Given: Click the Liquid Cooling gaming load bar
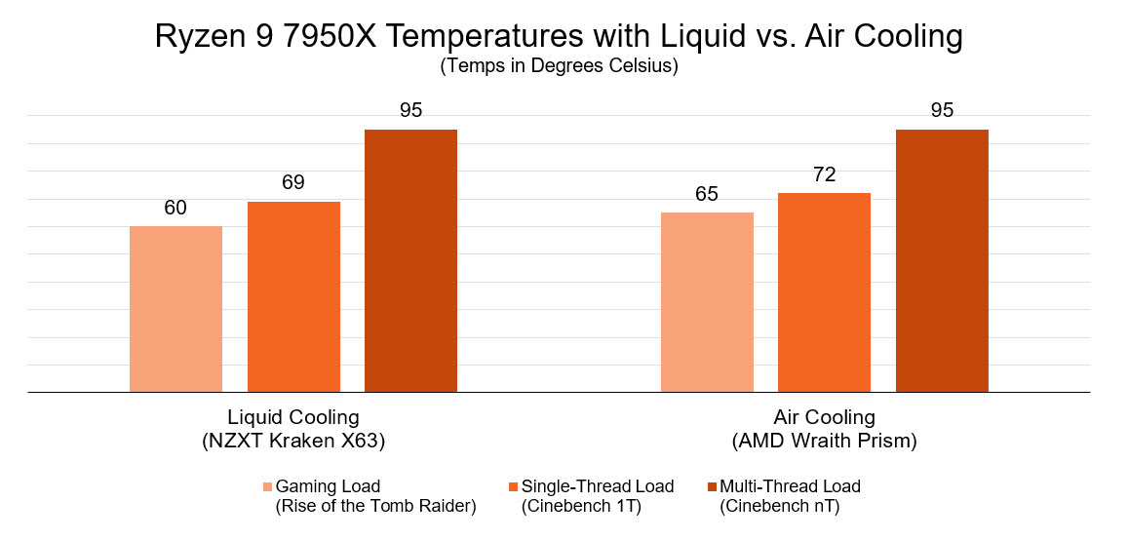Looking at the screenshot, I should pos(175,309).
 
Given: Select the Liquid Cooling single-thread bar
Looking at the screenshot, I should pos(293,296).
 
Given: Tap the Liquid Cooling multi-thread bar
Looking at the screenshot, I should pos(410,260).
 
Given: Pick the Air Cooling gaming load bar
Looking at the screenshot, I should pos(707,302).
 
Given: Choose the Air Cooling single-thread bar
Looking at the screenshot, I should pos(824,292).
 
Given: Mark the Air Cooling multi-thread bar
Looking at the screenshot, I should pos(942,260).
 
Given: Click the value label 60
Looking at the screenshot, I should pos(175,208).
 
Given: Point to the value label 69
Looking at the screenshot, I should pos(293,182).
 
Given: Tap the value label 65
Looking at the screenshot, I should pos(707,194).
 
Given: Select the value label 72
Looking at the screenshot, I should pos(824,174).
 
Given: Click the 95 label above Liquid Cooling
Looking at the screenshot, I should pos(410,110).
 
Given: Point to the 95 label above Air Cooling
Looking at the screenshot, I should pos(942,110).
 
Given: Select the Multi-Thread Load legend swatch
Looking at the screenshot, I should pos(712,486).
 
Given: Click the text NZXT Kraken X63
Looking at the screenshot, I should pos(293,442).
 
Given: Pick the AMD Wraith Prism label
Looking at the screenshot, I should pos(824,442).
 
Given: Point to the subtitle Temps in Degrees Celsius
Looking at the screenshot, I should pos(559,67).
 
